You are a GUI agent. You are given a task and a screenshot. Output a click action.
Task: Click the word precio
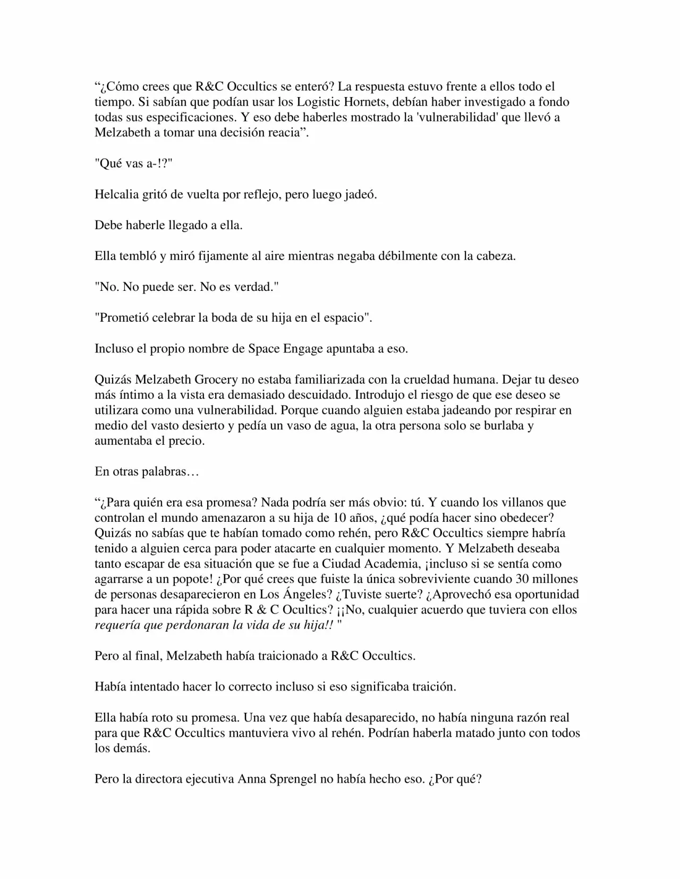click(187, 441)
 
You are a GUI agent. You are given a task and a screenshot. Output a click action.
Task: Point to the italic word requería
click(118, 625)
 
